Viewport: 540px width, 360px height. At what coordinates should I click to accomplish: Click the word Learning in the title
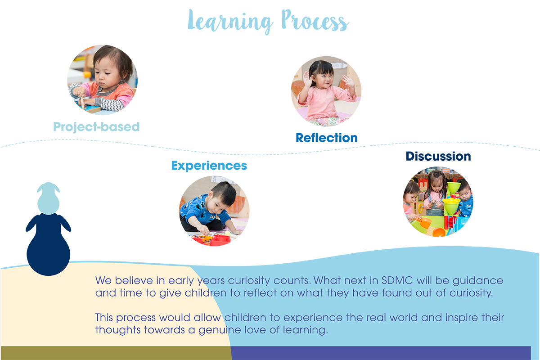click(x=230, y=22)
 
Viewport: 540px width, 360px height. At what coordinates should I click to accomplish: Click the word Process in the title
click(x=315, y=21)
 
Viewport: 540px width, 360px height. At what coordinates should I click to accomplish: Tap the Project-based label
click(x=96, y=127)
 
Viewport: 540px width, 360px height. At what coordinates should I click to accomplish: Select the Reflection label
click(x=326, y=138)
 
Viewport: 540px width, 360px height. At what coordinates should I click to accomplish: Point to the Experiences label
click(x=209, y=166)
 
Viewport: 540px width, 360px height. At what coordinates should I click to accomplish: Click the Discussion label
click(x=438, y=156)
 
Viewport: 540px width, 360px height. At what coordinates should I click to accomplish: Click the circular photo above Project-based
click(x=103, y=80)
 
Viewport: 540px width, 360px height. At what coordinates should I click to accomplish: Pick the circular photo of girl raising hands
click(x=326, y=91)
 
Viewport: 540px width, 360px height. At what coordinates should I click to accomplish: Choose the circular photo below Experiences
click(x=214, y=211)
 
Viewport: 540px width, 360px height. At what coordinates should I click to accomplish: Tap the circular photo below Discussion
click(x=438, y=202)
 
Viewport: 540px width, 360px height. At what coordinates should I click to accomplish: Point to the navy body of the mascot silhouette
click(x=48, y=244)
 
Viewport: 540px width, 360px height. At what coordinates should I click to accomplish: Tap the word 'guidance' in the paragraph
click(x=478, y=281)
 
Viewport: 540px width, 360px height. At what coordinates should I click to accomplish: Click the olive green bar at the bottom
click(x=116, y=353)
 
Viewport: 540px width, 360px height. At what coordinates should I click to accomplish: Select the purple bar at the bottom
click(x=381, y=353)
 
